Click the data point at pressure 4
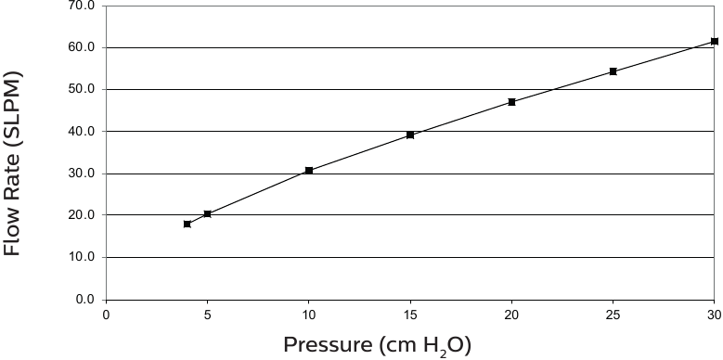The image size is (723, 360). click(187, 224)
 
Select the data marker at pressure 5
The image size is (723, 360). click(207, 214)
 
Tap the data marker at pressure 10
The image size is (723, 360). click(309, 171)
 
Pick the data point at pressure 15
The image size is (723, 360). click(410, 135)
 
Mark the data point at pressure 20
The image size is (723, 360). click(511, 102)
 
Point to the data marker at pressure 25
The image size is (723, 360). click(613, 71)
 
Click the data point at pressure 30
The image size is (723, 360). click(714, 41)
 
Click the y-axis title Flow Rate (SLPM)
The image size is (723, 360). click(12, 165)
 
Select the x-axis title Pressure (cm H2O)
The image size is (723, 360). click(378, 346)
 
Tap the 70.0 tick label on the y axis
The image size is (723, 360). click(83, 6)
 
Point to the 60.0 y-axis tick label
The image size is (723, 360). click(83, 47)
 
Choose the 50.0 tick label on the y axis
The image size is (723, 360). click(83, 89)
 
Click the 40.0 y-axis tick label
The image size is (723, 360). click(83, 131)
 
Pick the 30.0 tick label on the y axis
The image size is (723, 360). click(83, 174)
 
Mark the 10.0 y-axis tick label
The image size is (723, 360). click(83, 257)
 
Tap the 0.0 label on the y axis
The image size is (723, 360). click(85, 300)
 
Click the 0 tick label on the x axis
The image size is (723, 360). click(106, 315)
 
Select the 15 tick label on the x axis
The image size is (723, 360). click(410, 315)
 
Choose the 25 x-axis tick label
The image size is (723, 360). click(613, 315)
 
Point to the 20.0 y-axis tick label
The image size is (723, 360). click(83, 215)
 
